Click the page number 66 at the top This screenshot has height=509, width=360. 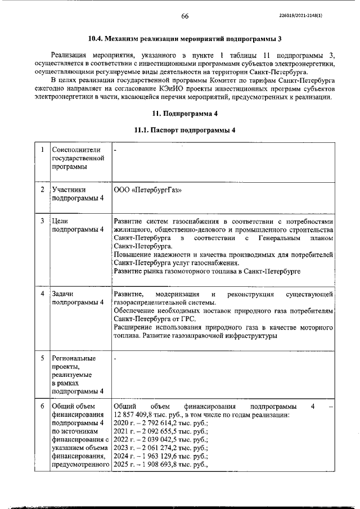click(x=184, y=16)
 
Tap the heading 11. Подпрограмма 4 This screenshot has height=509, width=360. click(x=184, y=114)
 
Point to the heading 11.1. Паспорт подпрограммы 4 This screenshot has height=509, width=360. click(x=184, y=130)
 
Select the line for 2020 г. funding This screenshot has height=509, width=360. click(x=160, y=423)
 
